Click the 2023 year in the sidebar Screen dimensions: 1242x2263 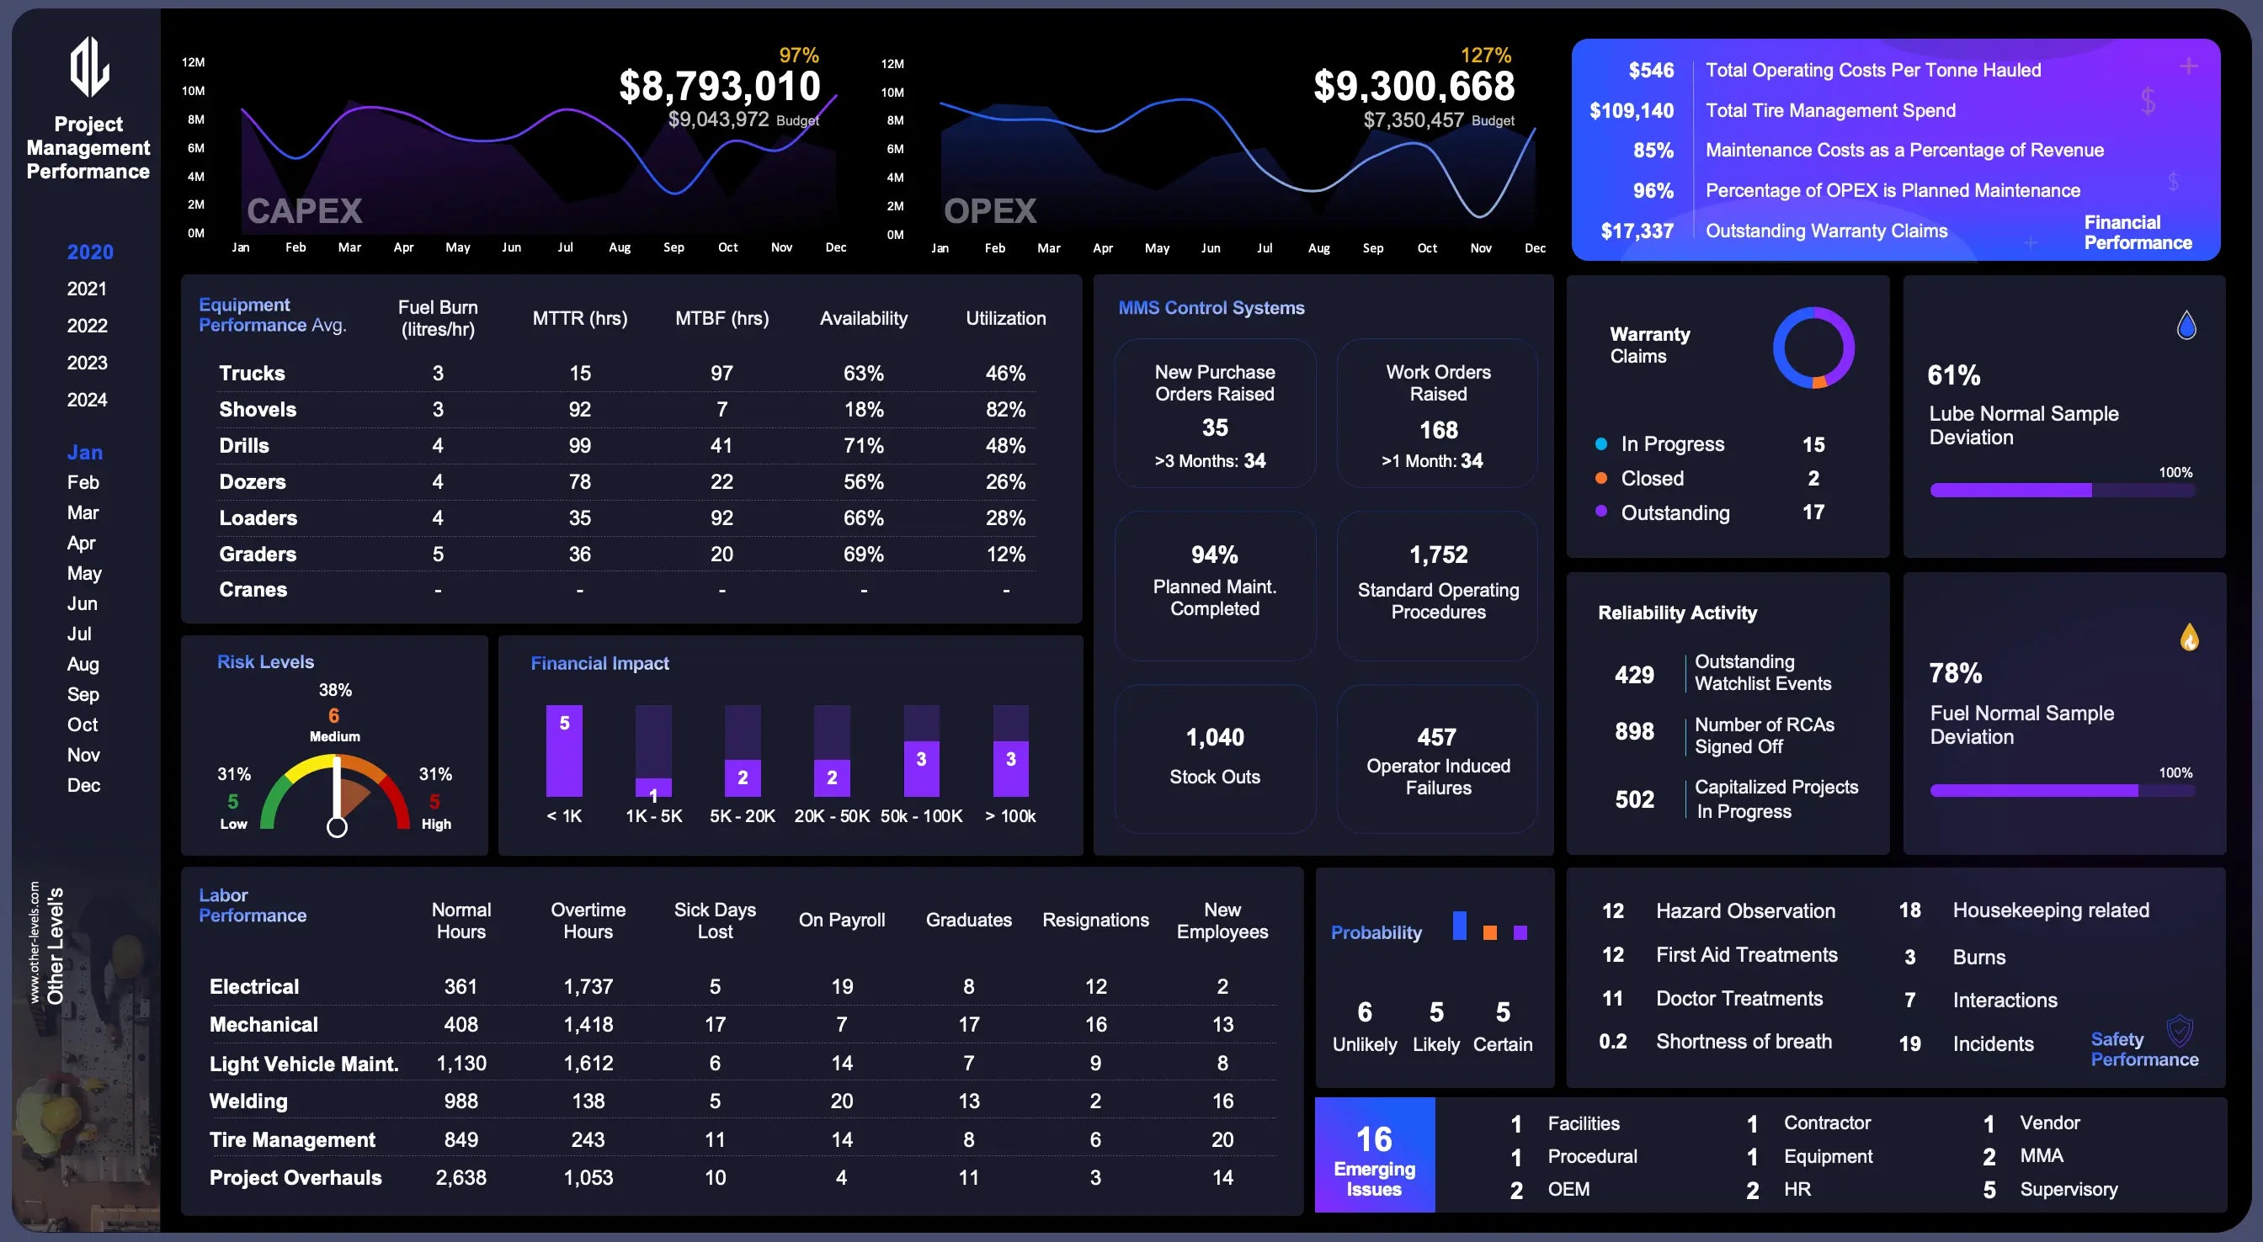coord(87,363)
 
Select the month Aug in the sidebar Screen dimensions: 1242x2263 coord(83,664)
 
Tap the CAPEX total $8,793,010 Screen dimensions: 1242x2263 coord(720,86)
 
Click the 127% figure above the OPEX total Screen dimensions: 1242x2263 coord(1486,56)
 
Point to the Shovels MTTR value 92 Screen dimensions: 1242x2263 coord(580,409)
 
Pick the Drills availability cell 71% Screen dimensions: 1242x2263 coord(864,445)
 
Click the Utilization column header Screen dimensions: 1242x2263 coord(1006,318)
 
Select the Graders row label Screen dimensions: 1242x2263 coord(258,555)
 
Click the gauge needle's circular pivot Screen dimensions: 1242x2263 coord(337,826)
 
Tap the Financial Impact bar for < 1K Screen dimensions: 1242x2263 coord(564,751)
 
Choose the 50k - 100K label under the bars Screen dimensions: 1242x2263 coord(922,816)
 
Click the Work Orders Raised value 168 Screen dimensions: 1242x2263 coord(1438,429)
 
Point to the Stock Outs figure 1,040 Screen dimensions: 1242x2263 coord(1215,737)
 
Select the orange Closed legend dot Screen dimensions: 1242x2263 coord(1600,479)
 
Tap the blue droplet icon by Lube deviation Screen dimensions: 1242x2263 coord(2186,326)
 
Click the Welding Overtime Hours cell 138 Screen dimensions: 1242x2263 coord(588,1101)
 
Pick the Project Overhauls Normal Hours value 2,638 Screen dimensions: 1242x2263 coord(461,1177)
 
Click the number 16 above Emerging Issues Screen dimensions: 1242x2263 coord(1374,1139)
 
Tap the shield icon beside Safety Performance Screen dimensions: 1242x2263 coord(2180,1029)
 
